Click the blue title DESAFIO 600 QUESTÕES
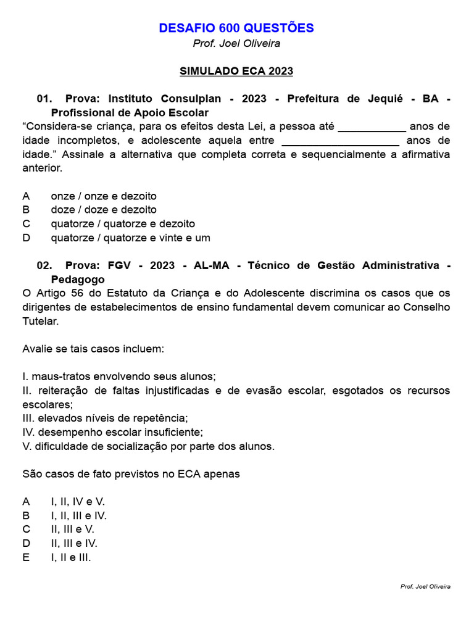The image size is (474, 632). click(236, 28)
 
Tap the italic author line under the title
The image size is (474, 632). click(236, 44)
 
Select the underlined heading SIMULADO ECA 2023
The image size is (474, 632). click(236, 71)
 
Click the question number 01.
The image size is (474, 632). click(44, 99)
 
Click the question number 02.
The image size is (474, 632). click(44, 265)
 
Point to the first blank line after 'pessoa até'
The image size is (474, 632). click(372, 127)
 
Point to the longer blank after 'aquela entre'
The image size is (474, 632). click(340, 141)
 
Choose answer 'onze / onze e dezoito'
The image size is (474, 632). click(103, 196)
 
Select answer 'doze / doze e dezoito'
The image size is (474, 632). click(103, 210)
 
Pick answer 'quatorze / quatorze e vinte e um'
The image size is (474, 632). click(130, 238)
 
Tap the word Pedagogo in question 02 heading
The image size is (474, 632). click(78, 279)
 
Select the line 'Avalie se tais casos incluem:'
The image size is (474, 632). click(93, 349)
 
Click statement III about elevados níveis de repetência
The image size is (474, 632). click(105, 418)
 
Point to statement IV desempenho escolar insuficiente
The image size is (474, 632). click(112, 432)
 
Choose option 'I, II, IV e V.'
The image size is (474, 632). click(78, 502)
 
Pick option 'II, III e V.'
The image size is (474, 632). click(72, 530)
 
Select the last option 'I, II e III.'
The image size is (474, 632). click(70, 557)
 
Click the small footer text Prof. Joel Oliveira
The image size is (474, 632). click(425, 586)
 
